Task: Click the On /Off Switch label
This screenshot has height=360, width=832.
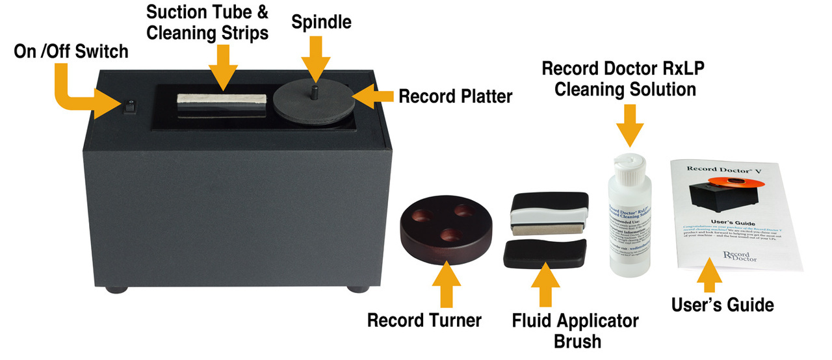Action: [x=71, y=51]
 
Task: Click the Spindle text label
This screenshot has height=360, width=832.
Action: [x=321, y=22]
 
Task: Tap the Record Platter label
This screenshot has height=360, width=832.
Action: [x=456, y=97]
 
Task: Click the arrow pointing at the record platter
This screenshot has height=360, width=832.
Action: [x=376, y=97]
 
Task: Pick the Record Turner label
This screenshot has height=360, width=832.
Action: [x=424, y=320]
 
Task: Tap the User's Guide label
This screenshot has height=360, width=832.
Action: [x=722, y=305]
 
